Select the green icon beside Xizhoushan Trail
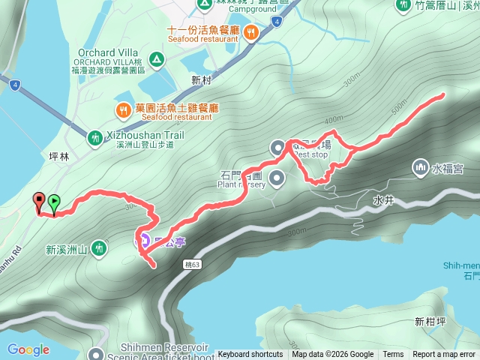pos(95,137)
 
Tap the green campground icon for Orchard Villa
pos(156,58)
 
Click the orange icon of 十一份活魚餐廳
pos(250,31)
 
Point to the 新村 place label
pos(202,79)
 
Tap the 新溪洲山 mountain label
pos(66,250)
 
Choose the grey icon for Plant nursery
pos(277,178)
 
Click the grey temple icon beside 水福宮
pos(419,166)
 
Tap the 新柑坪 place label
pos(430,321)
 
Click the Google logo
pos(28,349)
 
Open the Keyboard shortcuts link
pos(250,355)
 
